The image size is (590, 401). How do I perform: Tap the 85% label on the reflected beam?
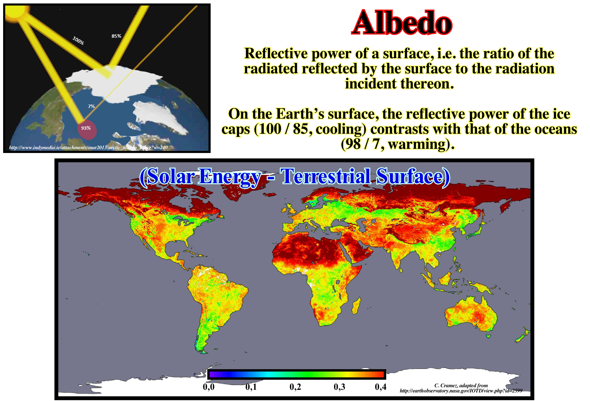116,36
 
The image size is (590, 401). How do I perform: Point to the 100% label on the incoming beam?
78,41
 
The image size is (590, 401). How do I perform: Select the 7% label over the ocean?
91,106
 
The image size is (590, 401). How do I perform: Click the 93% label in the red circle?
86,128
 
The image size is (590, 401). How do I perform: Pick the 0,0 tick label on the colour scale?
209,387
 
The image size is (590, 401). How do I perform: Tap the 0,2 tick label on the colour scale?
295,387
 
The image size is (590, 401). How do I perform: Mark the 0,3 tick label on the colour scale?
339,387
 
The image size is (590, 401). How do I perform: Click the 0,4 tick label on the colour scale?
381,387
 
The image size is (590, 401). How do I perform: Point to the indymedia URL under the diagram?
88,147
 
